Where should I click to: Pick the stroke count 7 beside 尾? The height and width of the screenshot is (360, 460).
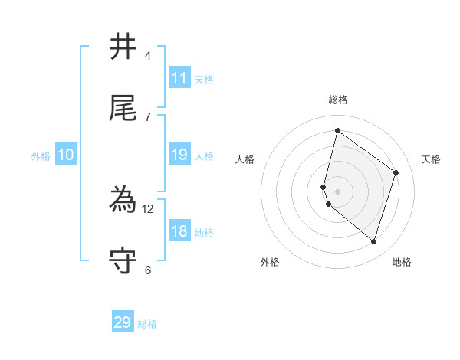[148, 116]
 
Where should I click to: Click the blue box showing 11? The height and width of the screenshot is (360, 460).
[179, 78]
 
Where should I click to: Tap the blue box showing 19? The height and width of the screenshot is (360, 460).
[179, 155]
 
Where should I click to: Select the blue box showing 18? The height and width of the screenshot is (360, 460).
[179, 231]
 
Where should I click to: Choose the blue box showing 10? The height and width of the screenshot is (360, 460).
[66, 155]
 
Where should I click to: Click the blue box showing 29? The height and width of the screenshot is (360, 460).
[123, 322]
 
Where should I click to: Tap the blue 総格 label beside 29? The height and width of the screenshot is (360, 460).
[147, 324]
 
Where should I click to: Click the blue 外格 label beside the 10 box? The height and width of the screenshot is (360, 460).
[41, 156]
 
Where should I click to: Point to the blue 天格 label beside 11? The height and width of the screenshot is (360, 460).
[204, 80]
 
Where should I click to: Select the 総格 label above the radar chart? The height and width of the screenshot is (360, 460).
[337, 100]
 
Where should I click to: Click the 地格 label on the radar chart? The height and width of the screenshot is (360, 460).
[402, 262]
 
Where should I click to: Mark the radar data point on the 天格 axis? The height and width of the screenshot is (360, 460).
[396, 172]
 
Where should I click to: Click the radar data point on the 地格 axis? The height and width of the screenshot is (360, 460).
[373, 241]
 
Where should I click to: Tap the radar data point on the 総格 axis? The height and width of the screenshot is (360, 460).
[337, 130]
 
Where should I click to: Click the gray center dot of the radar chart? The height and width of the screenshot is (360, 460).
[337, 191]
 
